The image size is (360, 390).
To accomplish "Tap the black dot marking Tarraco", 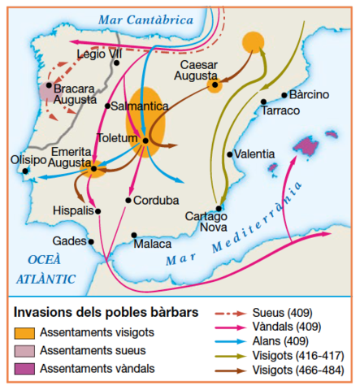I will [264, 102].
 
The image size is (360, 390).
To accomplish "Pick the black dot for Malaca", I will [134, 236].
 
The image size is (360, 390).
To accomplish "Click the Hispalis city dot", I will [98, 211].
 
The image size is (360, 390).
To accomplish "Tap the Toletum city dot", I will [145, 141].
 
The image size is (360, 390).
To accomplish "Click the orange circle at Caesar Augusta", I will [215, 84].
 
